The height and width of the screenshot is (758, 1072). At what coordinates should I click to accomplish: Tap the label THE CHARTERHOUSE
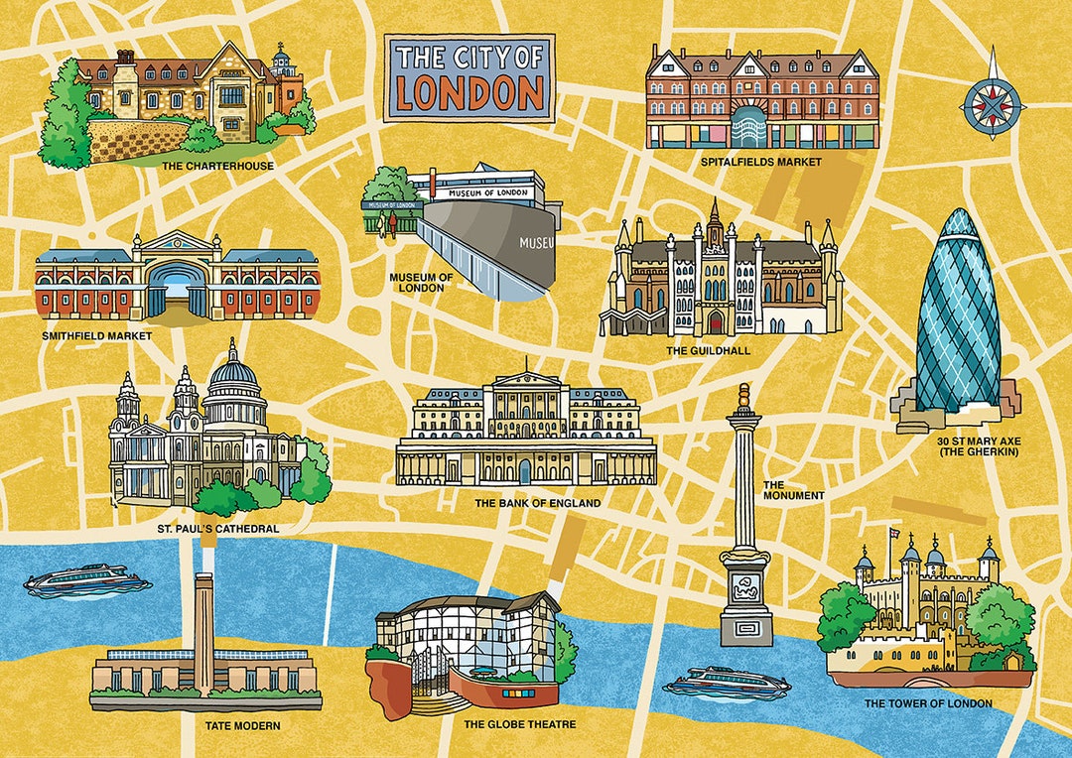coord(216,166)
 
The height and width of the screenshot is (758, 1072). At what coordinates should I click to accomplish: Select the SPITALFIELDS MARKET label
coord(759,162)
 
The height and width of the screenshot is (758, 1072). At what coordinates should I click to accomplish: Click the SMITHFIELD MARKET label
coord(97,335)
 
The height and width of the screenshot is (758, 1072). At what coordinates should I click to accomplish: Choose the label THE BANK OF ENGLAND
coord(537,504)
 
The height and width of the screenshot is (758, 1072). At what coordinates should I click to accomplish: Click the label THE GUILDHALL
coord(708,351)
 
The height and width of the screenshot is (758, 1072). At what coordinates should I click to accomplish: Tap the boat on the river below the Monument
coord(727,684)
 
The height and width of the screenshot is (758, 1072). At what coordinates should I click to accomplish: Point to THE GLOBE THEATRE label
coord(520,724)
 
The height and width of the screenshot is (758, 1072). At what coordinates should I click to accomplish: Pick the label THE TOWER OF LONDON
coord(928,703)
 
